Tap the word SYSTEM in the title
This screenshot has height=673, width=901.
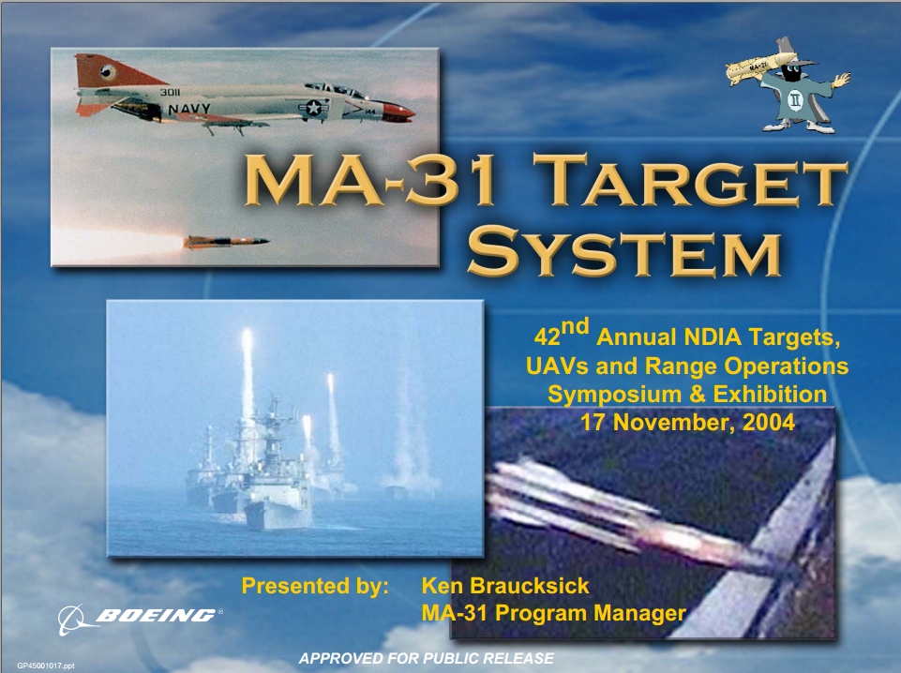(x=624, y=250)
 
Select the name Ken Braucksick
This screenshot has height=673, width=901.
(x=505, y=586)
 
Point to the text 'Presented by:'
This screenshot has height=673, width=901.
(x=315, y=586)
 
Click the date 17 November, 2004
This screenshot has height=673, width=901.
(x=687, y=423)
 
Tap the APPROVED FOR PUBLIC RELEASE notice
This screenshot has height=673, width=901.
(x=426, y=658)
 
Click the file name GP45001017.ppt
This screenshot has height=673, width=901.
(x=46, y=666)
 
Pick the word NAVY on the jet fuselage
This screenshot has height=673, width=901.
(x=189, y=108)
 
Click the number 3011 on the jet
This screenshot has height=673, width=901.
(x=170, y=92)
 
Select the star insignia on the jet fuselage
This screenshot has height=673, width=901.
(x=313, y=108)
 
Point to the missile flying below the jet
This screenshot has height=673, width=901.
(x=226, y=241)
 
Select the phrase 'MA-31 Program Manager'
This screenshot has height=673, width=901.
(x=553, y=613)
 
